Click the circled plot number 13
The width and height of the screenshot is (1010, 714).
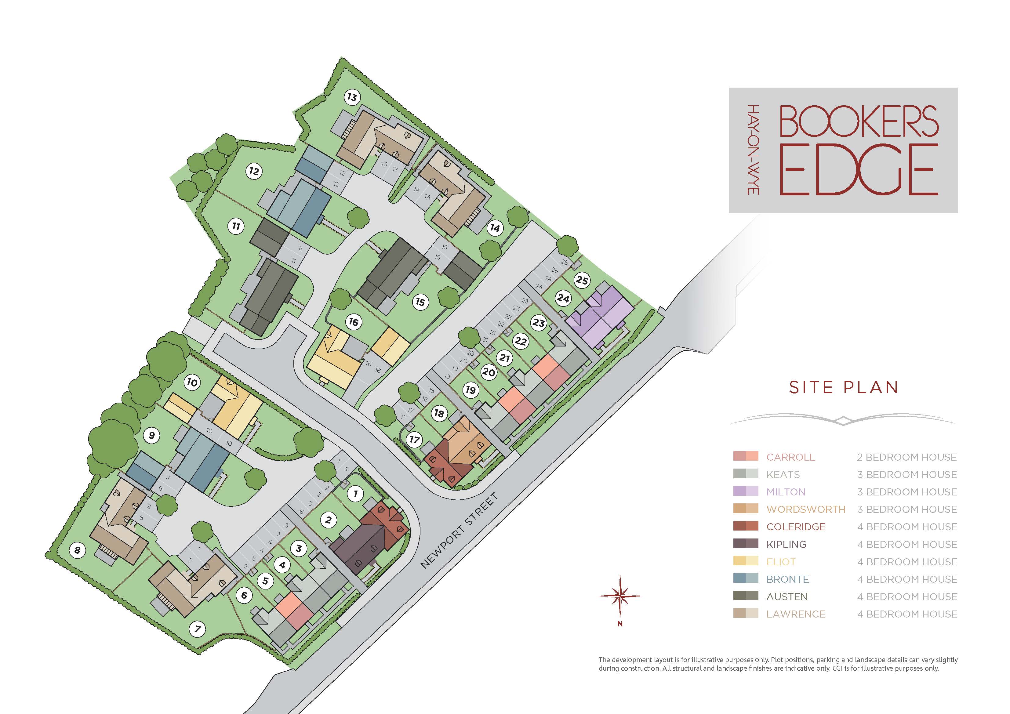(x=352, y=97)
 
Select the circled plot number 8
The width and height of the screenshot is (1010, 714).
(x=78, y=549)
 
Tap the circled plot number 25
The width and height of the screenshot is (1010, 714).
(x=582, y=280)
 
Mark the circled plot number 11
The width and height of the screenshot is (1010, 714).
(x=236, y=226)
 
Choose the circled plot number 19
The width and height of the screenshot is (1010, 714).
(x=471, y=390)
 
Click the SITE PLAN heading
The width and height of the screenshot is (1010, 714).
(x=844, y=387)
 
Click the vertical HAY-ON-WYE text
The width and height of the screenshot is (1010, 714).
(x=753, y=150)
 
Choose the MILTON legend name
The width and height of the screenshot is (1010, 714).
(x=786, y=492)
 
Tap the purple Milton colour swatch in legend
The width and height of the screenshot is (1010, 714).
(x=746, y=491)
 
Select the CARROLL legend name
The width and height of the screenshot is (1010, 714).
(x=790, y=457)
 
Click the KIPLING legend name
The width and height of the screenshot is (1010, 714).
(x=786, y=544)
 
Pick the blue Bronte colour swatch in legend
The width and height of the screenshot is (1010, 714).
(x=746, y=579)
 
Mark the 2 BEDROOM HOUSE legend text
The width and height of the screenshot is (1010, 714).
(x=906, y=457)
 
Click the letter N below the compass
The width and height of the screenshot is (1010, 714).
(x=620, y=623)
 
